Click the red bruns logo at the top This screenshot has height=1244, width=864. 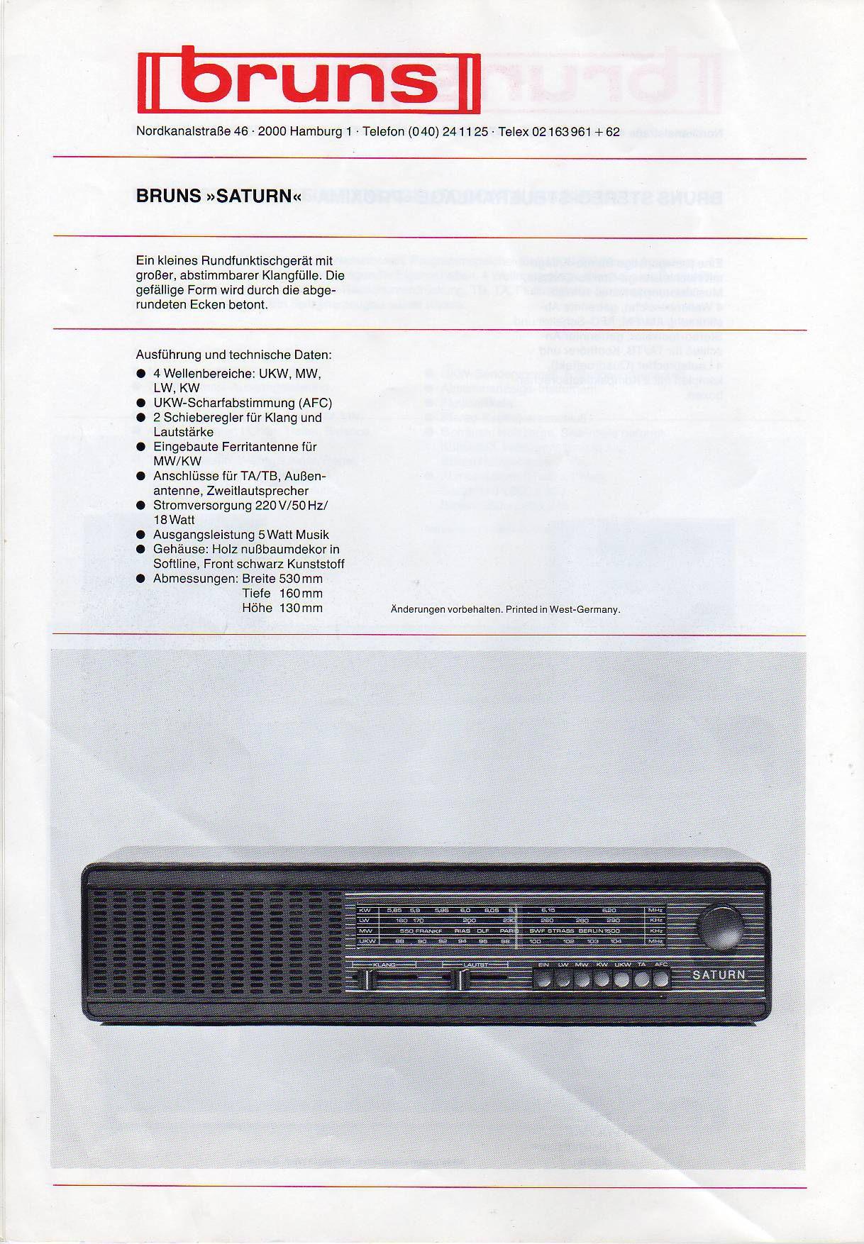coord(309,82)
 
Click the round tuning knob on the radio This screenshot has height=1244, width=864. coord(723,927)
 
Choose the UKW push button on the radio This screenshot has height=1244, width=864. coord(622,980)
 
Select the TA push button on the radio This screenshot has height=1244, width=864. coord(642,980)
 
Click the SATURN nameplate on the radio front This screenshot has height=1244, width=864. coord(719,974)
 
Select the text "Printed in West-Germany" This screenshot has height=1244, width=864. coord(563,609)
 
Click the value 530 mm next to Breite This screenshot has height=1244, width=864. coord(297,578)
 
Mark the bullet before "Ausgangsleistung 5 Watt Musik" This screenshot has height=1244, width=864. coord(141,535)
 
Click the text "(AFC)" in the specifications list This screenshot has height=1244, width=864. coord(314,403)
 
